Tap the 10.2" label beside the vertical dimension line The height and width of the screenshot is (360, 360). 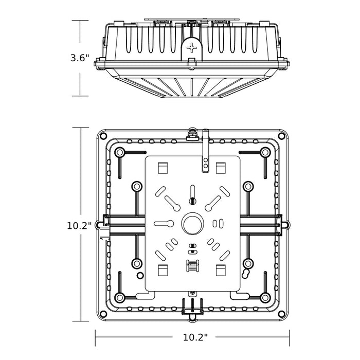79,225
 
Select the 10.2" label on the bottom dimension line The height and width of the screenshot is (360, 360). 195,337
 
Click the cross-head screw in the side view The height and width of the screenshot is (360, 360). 192,49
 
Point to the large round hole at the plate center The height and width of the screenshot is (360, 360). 192,224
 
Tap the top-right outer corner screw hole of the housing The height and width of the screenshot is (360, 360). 281,136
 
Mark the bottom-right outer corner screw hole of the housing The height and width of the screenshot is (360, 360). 281,314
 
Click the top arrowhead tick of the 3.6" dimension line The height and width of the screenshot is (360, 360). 80,21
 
